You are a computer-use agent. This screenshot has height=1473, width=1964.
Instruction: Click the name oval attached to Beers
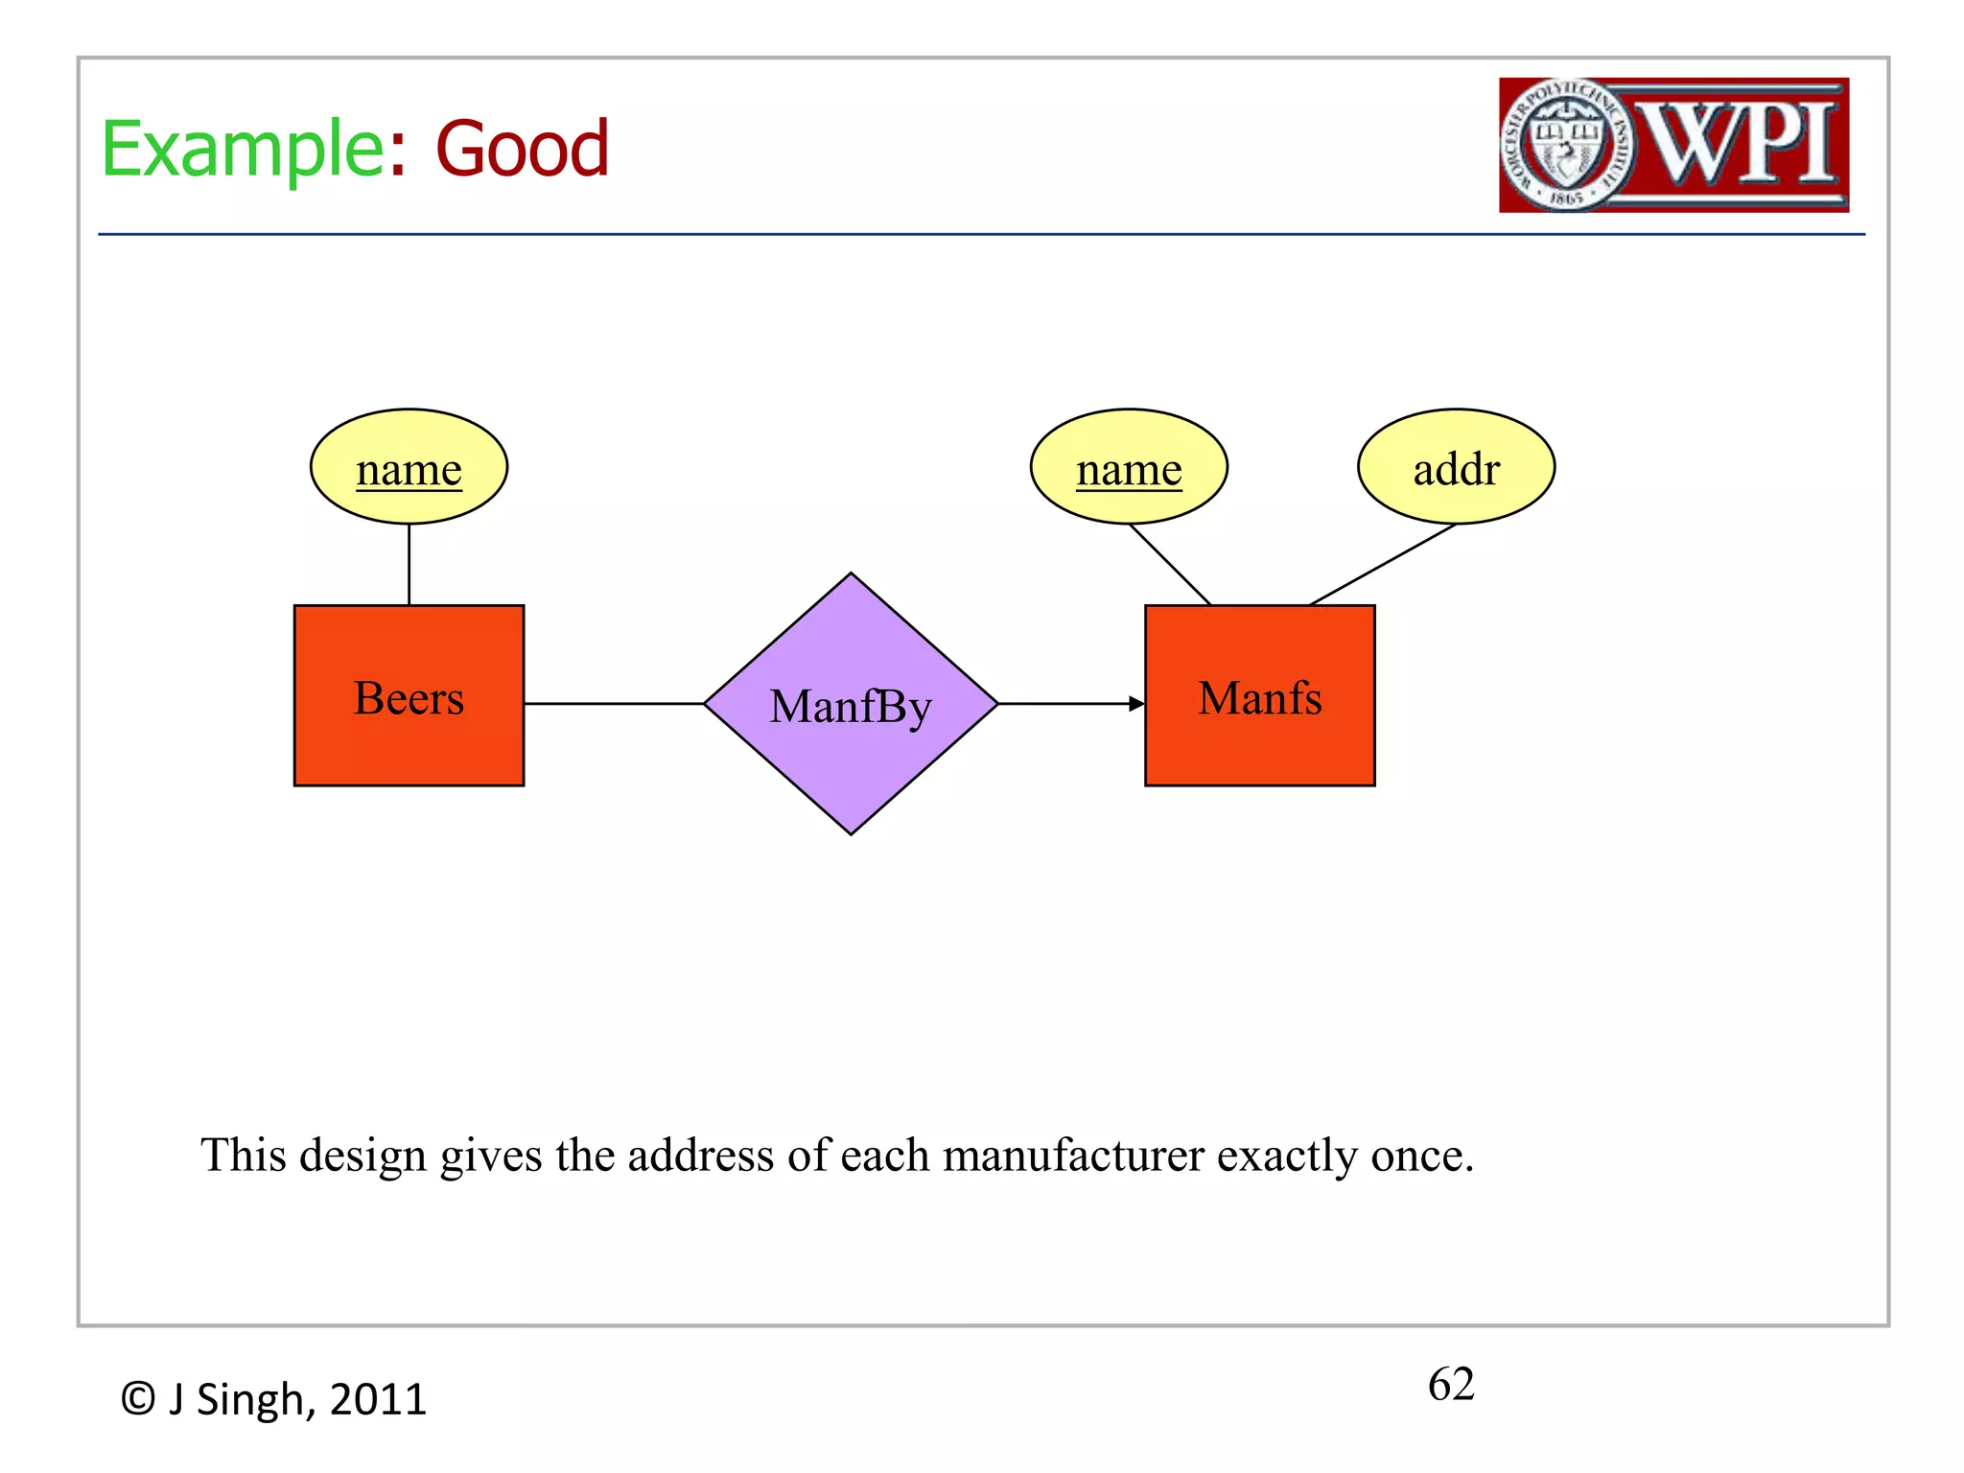(x=409, y=467)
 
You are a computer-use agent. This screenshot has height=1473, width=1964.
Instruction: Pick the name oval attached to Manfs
(x=1129, y=467)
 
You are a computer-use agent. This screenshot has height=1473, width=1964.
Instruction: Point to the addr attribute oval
(x=1456, y=467)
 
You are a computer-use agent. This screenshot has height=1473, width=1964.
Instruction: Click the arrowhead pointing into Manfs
(x=1136, y=704)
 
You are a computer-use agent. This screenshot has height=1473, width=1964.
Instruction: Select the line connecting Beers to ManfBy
(x=614, y=704)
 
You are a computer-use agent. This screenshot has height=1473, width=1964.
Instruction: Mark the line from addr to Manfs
(x=1383, y=565)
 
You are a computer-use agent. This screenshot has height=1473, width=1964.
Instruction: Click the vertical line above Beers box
(x=409, y=564)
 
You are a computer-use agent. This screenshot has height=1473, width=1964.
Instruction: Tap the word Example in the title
(x=243, y=150)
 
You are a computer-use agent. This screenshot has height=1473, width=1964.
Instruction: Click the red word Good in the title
(x=523, y=150)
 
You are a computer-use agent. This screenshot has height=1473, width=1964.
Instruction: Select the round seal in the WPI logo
(x=1567, y=145)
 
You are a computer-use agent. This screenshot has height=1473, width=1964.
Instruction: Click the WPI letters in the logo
(x=1741, y=144)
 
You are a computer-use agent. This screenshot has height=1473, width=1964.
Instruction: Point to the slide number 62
(x=1451, y=1384)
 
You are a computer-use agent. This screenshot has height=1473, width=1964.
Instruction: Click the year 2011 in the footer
(x=378, y=1399)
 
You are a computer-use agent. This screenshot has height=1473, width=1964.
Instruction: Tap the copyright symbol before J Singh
(x=138, y=1399)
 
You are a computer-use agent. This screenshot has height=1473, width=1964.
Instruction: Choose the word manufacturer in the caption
(x=1073, y=1155)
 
